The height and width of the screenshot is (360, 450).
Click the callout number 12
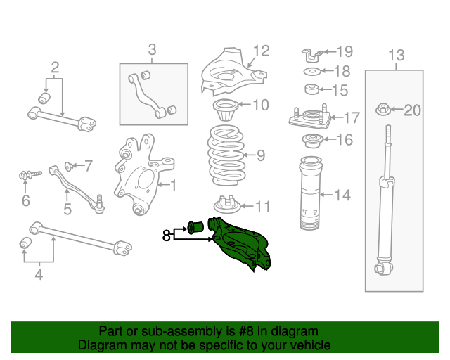pos(261,51)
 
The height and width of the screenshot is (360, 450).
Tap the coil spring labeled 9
pos(225,154)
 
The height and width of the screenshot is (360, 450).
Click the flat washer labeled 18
pos(311,71)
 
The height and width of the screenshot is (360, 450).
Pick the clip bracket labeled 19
pos(311,52)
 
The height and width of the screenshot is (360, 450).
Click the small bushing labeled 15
pos(311,90)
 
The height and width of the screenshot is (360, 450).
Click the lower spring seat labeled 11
pos(225,205)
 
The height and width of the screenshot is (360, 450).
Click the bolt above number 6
pos(25,173)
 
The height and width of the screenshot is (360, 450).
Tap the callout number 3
pos(152,49)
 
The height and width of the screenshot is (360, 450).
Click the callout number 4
pos(39,275)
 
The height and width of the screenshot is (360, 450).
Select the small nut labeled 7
pos(70,167)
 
